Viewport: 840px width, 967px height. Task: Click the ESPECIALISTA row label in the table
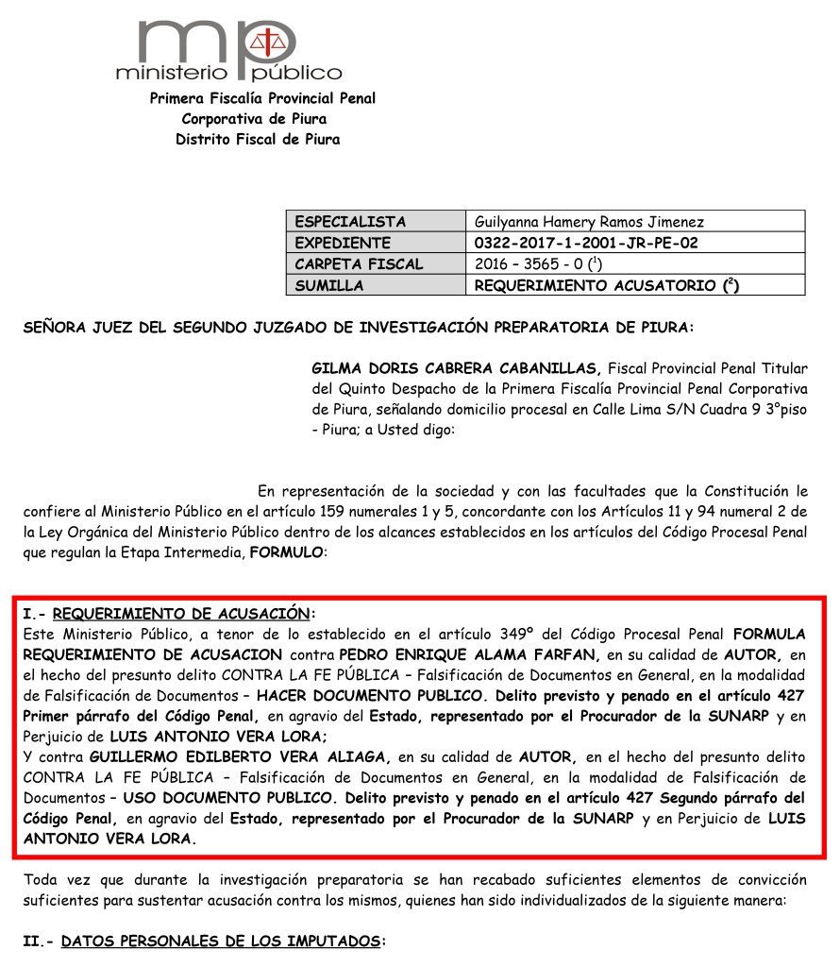350,222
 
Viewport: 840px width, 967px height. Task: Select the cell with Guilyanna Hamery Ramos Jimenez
590,222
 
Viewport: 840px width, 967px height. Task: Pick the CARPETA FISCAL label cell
360,263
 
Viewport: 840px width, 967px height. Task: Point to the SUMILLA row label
329,284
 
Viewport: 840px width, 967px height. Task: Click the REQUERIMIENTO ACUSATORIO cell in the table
606,284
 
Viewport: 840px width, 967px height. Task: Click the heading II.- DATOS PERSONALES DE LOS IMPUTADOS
205,942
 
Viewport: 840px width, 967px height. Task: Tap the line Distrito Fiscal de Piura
257,140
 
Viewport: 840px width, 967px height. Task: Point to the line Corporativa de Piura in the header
254,119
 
